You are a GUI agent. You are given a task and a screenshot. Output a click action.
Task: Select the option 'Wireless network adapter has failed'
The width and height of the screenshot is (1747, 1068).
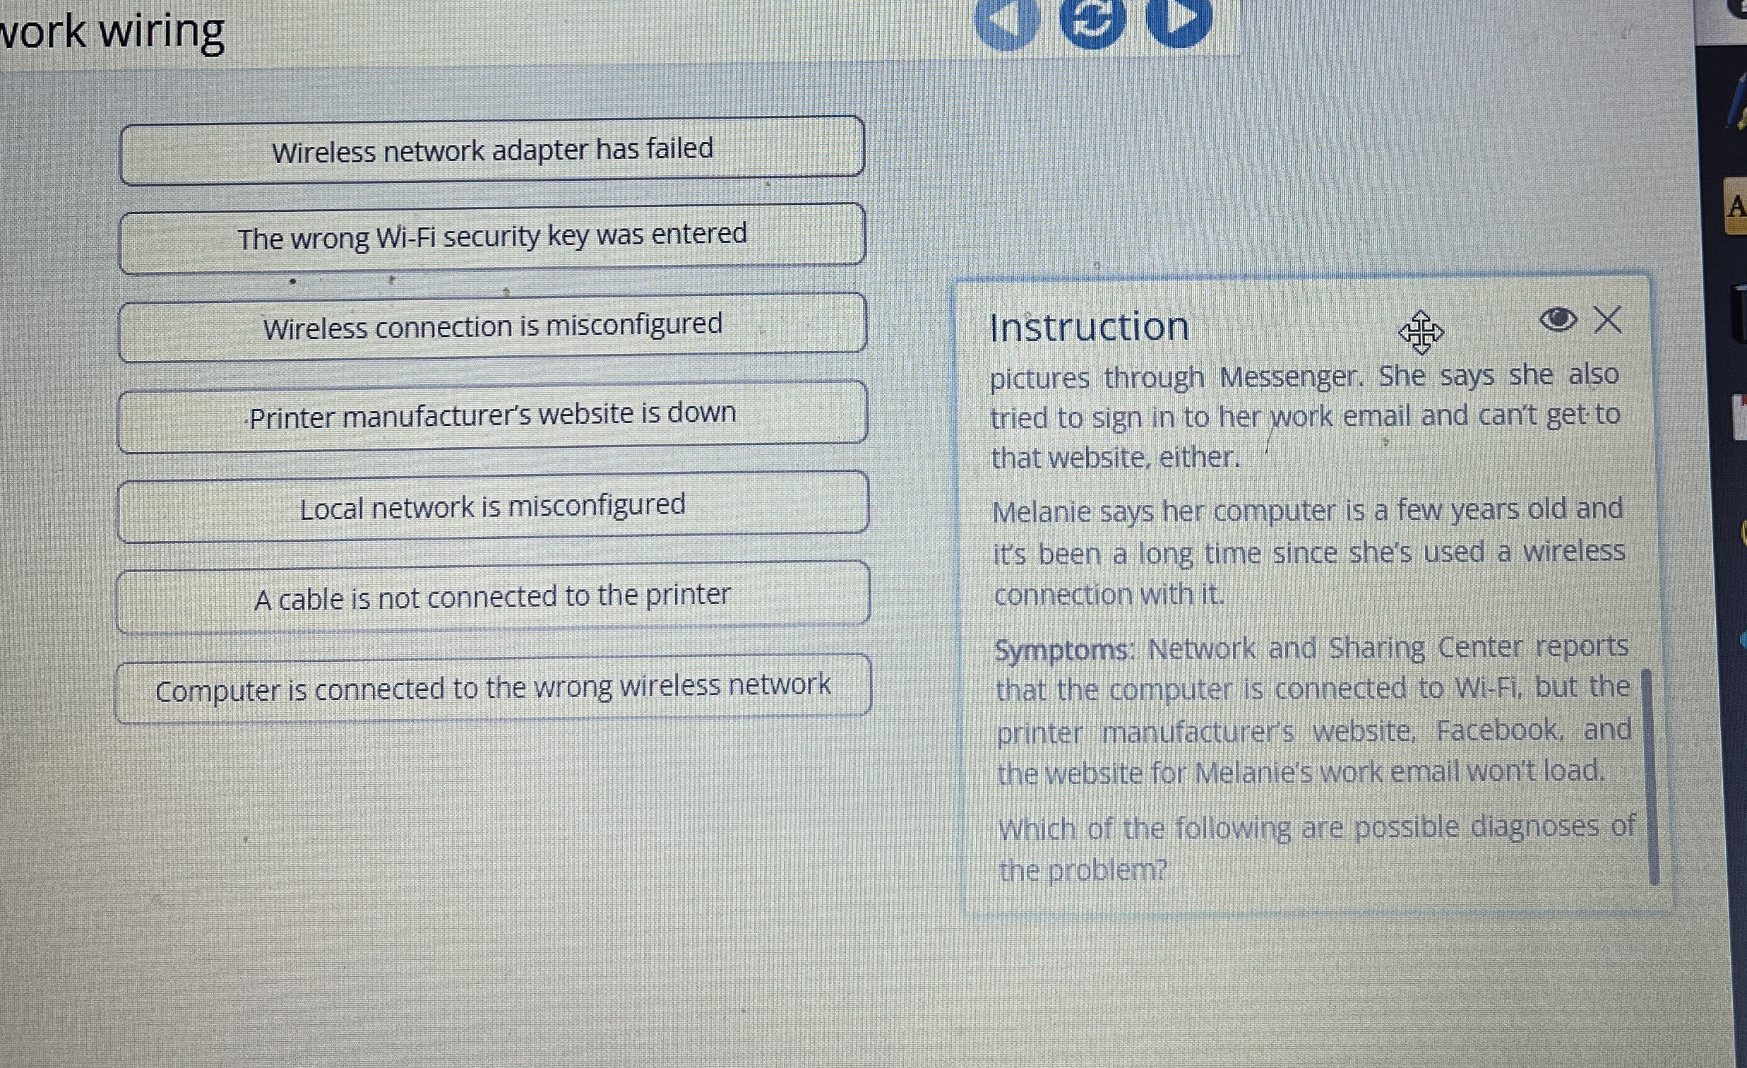(492, 150)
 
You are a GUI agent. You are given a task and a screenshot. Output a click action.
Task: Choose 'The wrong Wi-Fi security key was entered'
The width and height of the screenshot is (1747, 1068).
(492, 237)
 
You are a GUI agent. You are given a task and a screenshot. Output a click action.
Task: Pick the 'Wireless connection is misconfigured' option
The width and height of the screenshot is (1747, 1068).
(492, 326)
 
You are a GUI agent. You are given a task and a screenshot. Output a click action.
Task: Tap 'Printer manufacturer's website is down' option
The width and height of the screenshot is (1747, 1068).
(492, 415)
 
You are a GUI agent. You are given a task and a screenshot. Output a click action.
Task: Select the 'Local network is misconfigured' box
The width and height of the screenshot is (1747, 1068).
(492, 506)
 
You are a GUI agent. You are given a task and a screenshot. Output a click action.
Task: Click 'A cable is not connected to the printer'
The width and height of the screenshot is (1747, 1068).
(492, 596)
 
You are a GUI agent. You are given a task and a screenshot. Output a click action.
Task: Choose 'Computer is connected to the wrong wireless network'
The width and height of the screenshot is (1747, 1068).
(492, 688)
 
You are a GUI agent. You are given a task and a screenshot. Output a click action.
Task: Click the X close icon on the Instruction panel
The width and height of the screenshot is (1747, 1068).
(1608, 320)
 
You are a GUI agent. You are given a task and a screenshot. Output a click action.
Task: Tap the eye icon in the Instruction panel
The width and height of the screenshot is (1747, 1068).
(1558, 319)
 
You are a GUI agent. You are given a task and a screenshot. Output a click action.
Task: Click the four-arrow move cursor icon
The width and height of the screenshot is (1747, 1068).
(1421, 332)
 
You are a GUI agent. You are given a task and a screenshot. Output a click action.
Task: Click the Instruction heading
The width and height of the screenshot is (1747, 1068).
(1089, 327)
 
